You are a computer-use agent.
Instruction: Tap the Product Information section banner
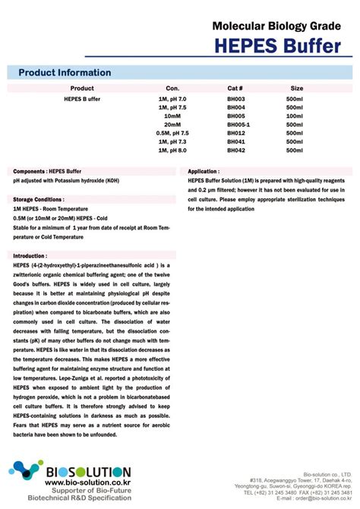tap(65, 73)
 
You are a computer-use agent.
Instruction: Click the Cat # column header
tap(235, 88)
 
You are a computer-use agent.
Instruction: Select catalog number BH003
tap(236, 100)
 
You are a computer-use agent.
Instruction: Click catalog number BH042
tap(236, 150)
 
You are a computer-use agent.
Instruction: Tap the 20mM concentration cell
tap(172, 125)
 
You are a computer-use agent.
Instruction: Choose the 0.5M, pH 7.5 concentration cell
tap(172, 133)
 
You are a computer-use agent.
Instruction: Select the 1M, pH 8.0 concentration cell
tap(172, 150)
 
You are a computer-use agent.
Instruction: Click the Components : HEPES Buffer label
tap(47, 172)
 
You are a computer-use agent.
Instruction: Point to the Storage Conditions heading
tap(39, 198)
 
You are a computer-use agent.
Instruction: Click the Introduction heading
tap(30, 256)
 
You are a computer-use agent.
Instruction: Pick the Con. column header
tap(172, 88)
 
